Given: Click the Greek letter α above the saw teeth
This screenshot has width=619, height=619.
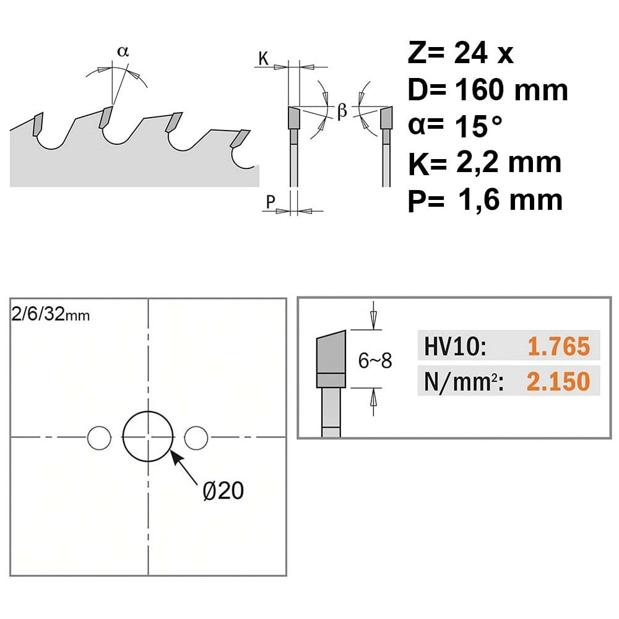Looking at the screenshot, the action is click(123, 51).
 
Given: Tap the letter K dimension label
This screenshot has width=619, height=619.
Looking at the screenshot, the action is click(263, 58).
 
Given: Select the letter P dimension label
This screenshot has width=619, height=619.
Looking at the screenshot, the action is click(271, 202).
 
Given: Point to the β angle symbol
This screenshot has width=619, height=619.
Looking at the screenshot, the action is click(342, 110).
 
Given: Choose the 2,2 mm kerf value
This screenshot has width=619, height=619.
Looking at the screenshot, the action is click(508, 162).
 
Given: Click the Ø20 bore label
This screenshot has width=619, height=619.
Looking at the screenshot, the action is click(223, 491).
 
